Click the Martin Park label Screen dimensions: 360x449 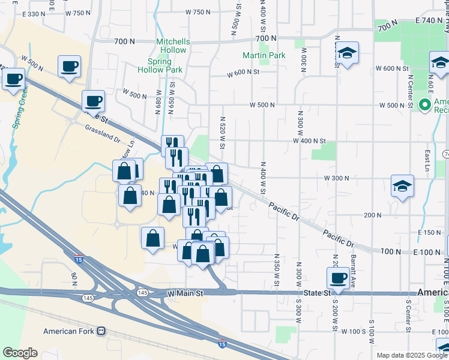tap(264, 55)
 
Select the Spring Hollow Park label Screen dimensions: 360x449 tap(165, 65)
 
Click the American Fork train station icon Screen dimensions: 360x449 tap(101, 331)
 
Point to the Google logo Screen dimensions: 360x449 tap(20, 353)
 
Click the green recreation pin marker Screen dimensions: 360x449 tap(426, 105)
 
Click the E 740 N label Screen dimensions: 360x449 tap(430, 21)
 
